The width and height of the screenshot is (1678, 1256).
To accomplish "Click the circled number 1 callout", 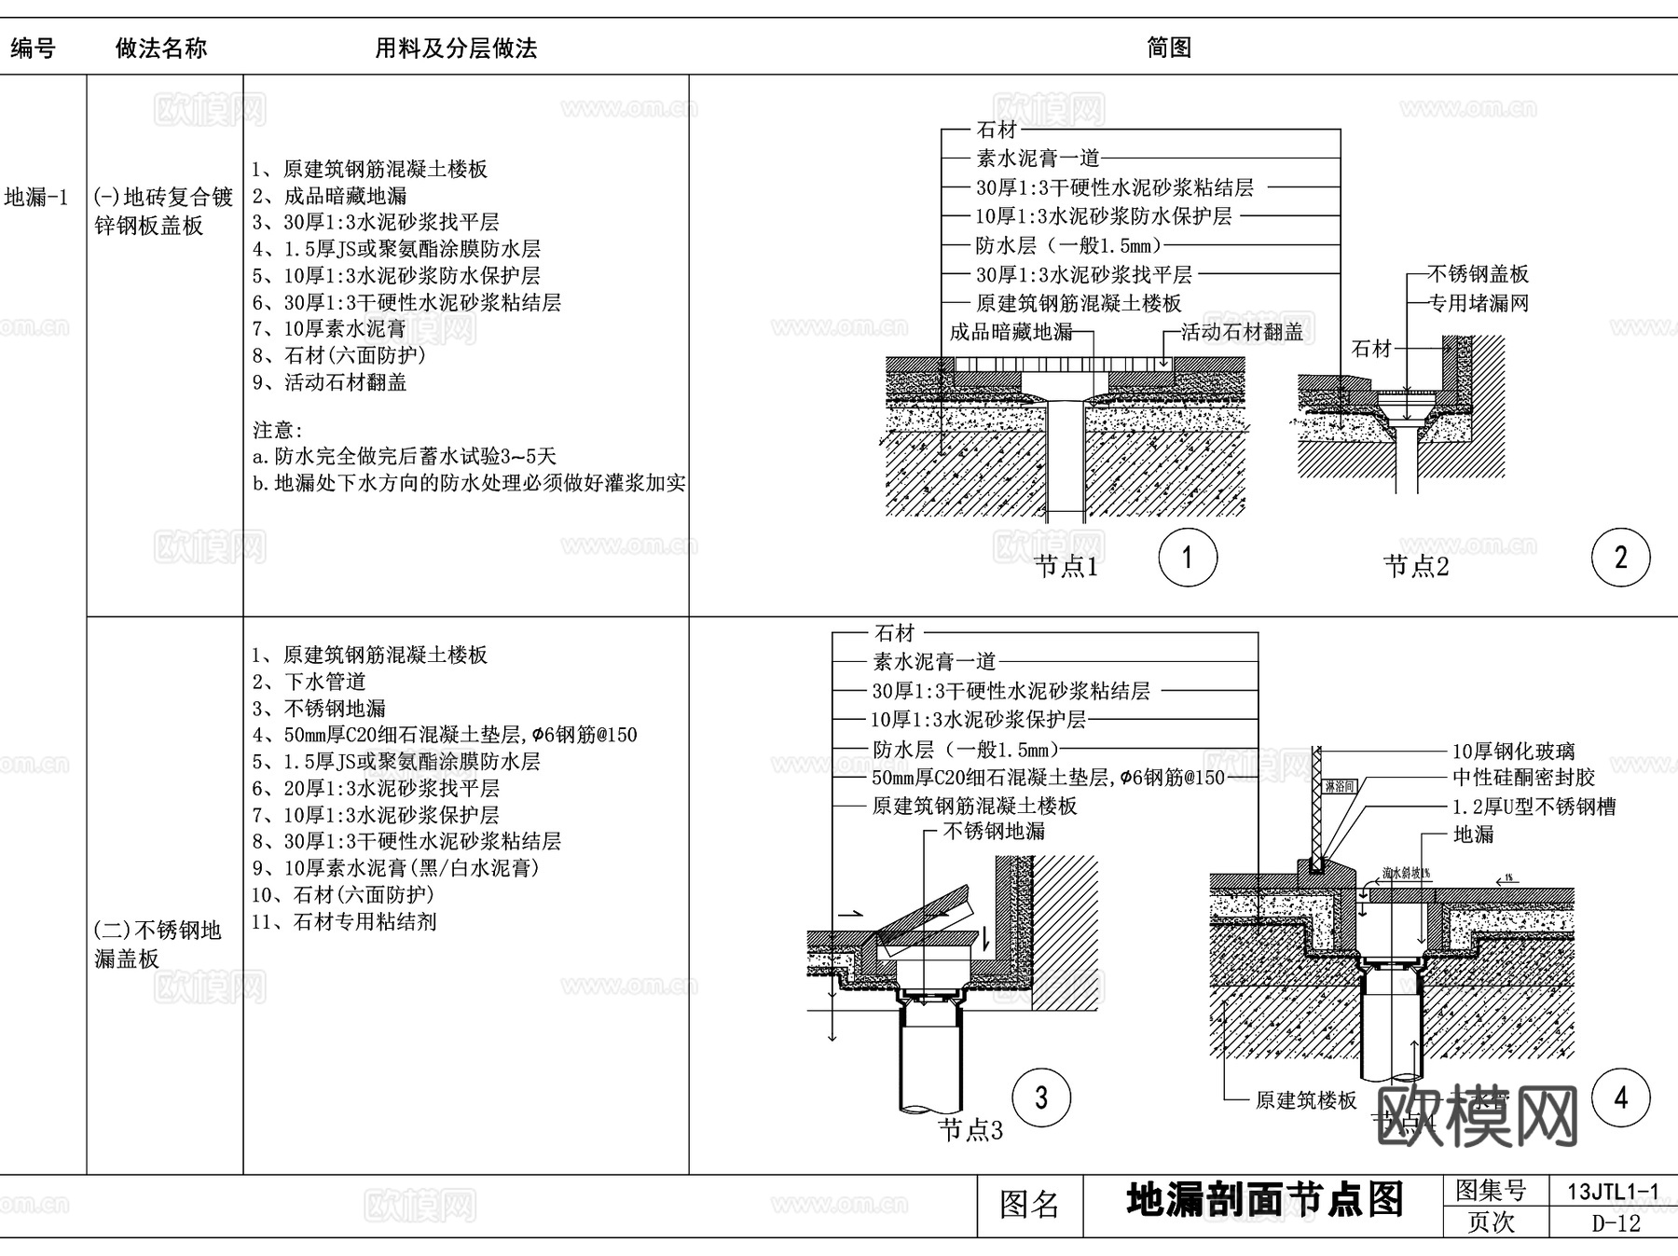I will pos(1187,558).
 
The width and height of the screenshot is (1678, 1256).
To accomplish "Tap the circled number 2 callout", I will pos(1620,558).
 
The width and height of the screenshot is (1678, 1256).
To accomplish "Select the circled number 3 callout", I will pos(1041,1097).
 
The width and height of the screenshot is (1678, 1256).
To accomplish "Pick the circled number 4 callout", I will pos(1620,1097).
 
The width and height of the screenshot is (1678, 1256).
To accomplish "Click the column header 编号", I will pos(33,48).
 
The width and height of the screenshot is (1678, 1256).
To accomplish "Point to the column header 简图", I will pos(1169,48).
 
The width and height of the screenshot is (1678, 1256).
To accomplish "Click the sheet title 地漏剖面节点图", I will pos(1264,1201).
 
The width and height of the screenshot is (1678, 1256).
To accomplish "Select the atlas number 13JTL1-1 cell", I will pos(1613,1192).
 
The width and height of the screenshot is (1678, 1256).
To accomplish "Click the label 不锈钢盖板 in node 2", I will pos(1479,274).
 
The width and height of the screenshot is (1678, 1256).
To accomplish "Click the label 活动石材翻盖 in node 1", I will pos(1242,332).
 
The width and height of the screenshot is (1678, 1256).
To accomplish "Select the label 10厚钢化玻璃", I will pos(1513,751).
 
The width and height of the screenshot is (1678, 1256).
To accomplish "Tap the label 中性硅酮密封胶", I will pos(1523,778).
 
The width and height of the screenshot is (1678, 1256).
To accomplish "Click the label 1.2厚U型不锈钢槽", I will pos(1534,807).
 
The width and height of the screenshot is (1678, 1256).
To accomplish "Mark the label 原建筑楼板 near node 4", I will pos(1306,1100).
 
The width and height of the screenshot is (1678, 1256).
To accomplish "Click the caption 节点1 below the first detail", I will pos(1066,567).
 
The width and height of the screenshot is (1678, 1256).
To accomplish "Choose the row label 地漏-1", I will pos(36,198).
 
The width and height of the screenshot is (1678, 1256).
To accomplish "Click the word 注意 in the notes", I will pos(277,430).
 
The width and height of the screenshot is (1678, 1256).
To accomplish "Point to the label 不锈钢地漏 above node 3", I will pos(994,831).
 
